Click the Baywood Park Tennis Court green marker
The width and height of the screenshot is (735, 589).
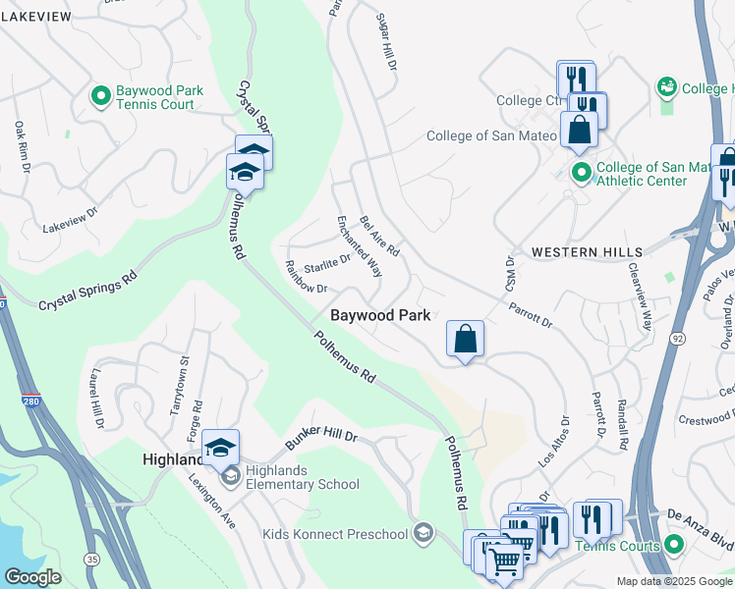click(100, 96)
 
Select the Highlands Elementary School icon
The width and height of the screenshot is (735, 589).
click(231, 478)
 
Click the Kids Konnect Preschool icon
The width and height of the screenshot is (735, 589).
click(424, 533)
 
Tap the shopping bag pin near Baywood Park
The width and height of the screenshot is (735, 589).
click(466, 340)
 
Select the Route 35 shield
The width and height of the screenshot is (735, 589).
click(91, 559)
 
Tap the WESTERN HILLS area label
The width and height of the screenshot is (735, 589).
click(579, 252)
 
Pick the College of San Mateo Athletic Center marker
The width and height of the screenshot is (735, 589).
click(581, 174)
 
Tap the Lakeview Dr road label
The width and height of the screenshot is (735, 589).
click(71, 220)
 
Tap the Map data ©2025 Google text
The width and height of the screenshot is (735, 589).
click(674, 581)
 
